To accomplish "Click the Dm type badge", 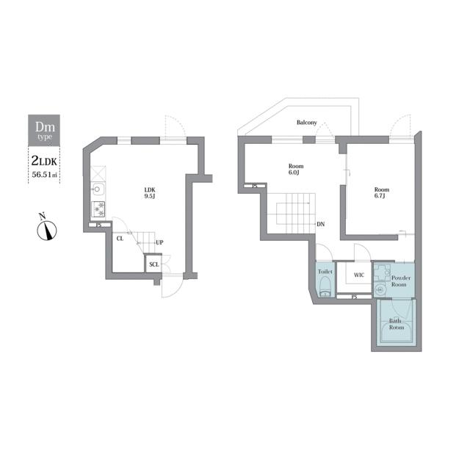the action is coord(44,131).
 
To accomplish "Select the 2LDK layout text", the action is coord(44,161).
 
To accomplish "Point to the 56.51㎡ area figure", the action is coord(44,175).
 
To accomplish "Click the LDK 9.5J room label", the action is coord(150,193).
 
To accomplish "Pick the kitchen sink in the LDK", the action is coord(98,189).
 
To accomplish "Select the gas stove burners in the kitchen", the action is coord(98,209).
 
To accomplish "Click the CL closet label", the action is coord(120,239).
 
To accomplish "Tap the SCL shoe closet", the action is coord(153,264).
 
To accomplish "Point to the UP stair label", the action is coord(159,242).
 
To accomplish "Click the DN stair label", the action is coord(321,224).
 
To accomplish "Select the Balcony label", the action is coord(307,123).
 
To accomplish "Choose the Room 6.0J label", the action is coord(296,169).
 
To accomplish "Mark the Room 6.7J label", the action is coord(382,192).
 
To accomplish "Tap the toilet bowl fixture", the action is coord(325,286).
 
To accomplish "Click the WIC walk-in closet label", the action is coord(359,275).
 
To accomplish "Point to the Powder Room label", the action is coord(400,281).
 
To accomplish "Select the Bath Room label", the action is coord(397,324).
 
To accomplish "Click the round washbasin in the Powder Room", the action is coord(380,290).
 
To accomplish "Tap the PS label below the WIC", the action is coord(354,297).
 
